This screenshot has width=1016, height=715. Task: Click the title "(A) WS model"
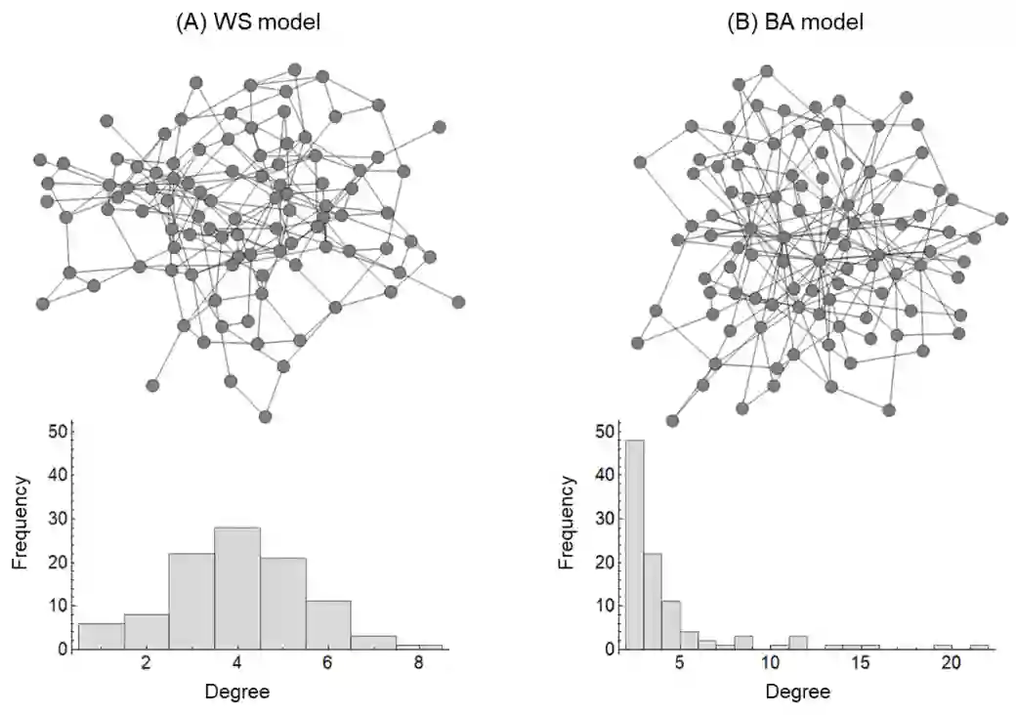pos(247,21)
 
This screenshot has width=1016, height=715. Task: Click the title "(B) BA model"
pos(795,21)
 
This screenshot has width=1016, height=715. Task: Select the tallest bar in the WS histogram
pos(237,587)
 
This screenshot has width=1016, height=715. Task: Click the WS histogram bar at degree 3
pos(191,601)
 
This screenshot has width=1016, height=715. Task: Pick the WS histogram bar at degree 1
pos(101,636)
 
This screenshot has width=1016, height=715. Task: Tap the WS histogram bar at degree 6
pos(328,625)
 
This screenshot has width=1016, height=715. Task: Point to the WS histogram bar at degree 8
pos(419,647)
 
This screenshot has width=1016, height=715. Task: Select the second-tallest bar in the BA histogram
pos(653,601)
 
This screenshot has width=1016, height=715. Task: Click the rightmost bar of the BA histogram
pos(980,647)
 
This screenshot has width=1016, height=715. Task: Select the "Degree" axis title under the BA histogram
pos(798,692)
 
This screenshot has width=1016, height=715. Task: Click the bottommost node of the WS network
pos(265,416)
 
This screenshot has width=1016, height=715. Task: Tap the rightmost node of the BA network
pos(1001,219)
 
